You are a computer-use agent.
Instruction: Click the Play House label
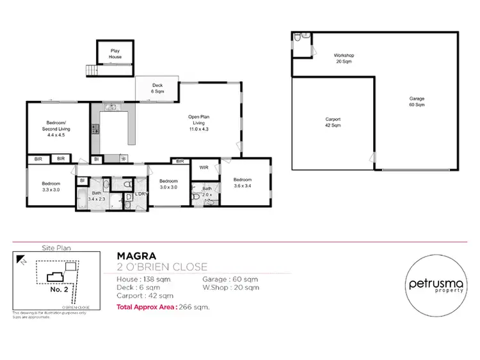pyautogui.click(x=115, y=53)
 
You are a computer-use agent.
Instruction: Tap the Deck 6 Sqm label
pyautogui.click(x=157, y=89)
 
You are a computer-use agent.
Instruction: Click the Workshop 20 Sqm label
pyautogui.click(x=344, y=59)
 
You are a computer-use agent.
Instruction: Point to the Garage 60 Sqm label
pyautogui.click(x=417, y=102)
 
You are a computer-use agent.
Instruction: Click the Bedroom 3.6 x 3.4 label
pyautogui.click(x=243, y=182)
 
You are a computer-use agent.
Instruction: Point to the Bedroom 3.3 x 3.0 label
pyautogui.click(x=51, y=187)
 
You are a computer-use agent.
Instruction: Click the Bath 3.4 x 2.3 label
pyautogui.click(x=97, y=196)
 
